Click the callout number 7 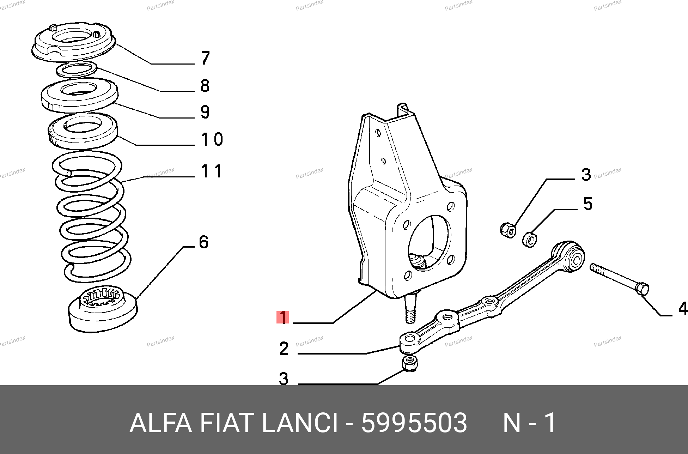[x=206, y=58]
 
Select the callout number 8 [x=205, y=86]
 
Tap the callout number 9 [x=205, y=112]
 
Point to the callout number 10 [x=212, y=139]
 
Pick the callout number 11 [x=211, y=171]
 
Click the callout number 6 [x=204, y=242]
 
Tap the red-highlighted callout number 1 [x=283, y=317]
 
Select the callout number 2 [x=284, y=349]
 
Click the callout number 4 [x=683, y=309]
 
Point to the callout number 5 [x=588, y=204]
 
